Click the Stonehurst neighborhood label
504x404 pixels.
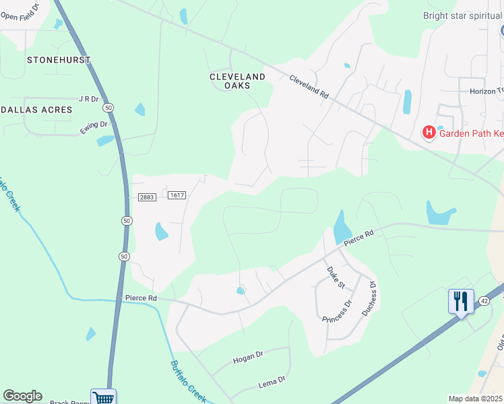59,60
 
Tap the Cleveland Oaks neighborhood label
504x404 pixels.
237,81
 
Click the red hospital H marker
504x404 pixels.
428,133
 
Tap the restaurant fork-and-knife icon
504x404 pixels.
460,300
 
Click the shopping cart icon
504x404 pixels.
103,397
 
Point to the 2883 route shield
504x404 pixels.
148,197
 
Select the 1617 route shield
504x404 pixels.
177,195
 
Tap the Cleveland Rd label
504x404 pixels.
309,88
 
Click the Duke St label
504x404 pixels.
335,277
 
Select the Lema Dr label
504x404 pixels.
272,382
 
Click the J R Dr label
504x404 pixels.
89,98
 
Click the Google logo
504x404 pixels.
22,396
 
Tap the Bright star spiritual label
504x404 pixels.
463,15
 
